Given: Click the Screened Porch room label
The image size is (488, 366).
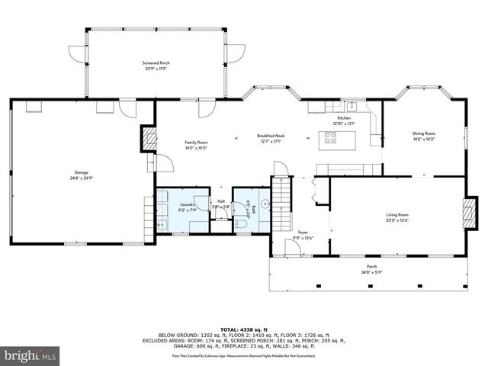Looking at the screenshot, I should (x=156, y=63).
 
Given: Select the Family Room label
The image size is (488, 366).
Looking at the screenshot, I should (x=196, y=143).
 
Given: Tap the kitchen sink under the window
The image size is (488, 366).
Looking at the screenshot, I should (x=352, y=107).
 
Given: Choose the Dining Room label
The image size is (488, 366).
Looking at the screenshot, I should (x=424, y=133).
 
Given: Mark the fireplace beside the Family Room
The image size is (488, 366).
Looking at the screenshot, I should (x=149, y=139).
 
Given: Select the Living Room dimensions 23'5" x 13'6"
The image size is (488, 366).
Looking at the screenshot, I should (x=397, y=220).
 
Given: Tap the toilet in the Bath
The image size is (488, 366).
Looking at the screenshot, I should (x=241, y=221).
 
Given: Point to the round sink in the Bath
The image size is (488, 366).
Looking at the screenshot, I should (x=262, y=204).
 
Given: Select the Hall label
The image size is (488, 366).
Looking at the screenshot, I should (x=221, y=201).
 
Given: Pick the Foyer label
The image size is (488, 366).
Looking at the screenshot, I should (x=302, y=233).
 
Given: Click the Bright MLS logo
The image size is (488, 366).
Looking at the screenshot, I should (x=30, y=355).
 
